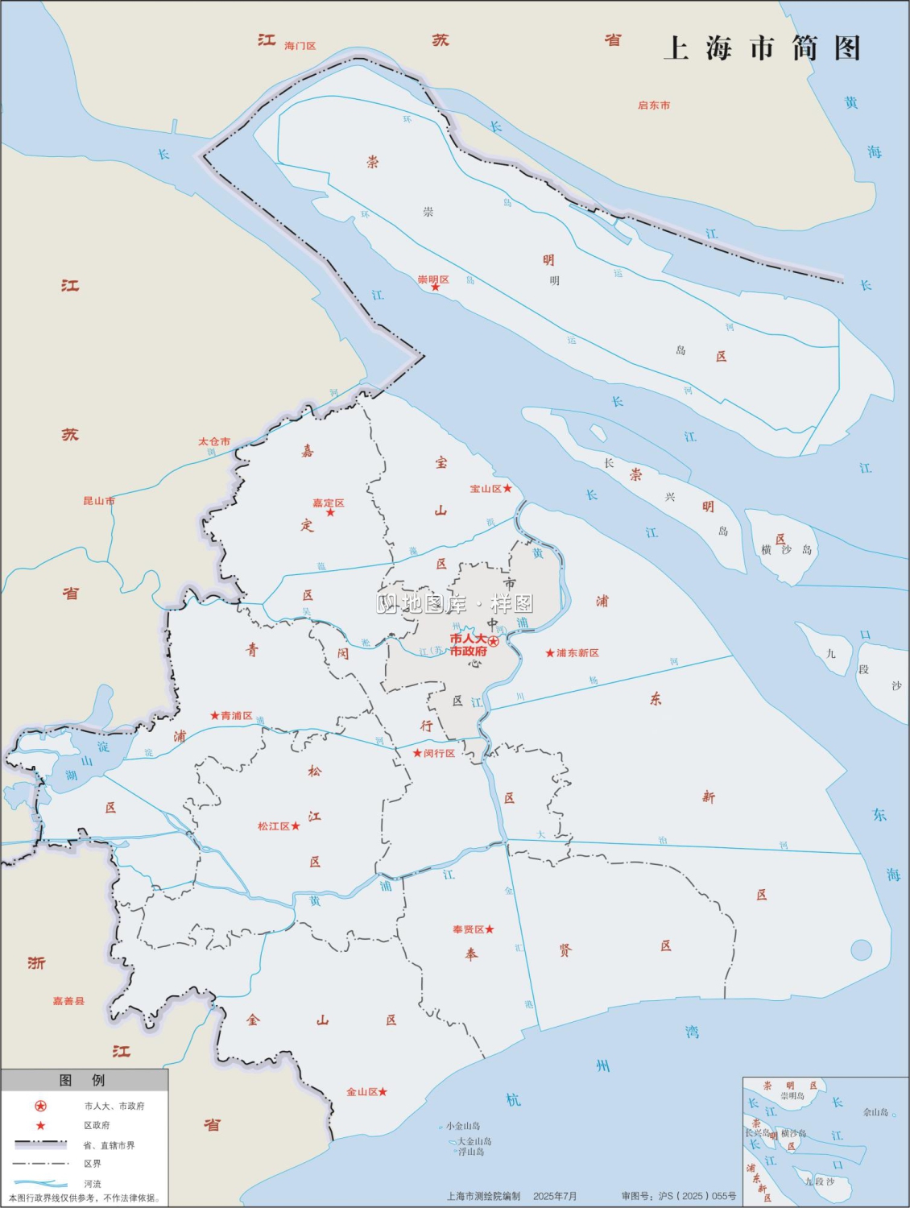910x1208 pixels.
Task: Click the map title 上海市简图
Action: point(762,48)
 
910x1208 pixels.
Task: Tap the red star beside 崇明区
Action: point(436,288)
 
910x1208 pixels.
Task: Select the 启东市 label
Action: point(653,105)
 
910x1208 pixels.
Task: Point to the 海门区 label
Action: point(300,46)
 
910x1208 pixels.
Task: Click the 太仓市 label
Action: point(214,441)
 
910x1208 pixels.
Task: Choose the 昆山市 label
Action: point(99,501)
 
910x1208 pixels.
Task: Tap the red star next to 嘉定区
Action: point(330,513)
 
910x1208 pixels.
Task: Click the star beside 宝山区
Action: point(507,489)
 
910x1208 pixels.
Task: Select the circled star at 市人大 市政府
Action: point(494,642)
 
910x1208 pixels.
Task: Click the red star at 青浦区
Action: point(215,715)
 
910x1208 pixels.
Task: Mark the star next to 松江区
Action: point(296,826)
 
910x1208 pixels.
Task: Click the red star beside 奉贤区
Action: point(490,929)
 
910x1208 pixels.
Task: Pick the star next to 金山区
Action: point(383,1092)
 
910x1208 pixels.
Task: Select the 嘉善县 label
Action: point(68,1001)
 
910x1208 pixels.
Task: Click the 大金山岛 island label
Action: point(474,1141)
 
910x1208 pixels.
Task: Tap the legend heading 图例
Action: point(82,1080)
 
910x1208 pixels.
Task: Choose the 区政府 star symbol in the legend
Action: point(40,1126)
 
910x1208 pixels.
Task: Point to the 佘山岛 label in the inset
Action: point(875,1112)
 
